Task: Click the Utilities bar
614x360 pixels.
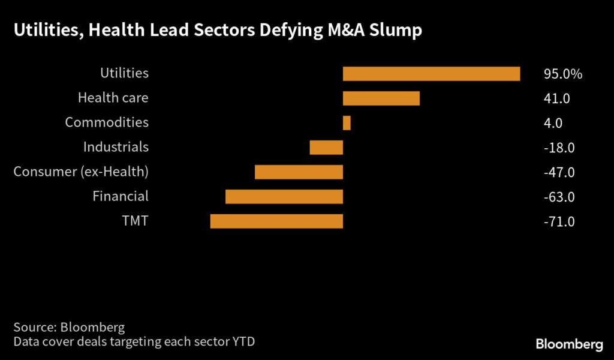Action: [431, 74]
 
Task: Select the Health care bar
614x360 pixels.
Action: [381, 98]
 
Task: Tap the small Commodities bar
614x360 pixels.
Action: [347, 123]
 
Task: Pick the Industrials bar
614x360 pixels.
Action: [326, 148]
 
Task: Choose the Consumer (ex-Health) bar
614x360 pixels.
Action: [299, 172]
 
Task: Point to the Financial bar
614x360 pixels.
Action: [284, 197]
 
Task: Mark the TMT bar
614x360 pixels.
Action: [276, 221]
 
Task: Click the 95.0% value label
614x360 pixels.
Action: [563, 74]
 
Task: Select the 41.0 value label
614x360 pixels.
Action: [556, 99]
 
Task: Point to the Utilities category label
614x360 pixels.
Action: [124, 73]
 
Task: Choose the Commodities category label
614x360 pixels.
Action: [107, 122]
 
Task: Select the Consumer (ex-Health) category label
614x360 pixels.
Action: [81, 172]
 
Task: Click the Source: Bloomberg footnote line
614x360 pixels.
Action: [69, 328]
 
